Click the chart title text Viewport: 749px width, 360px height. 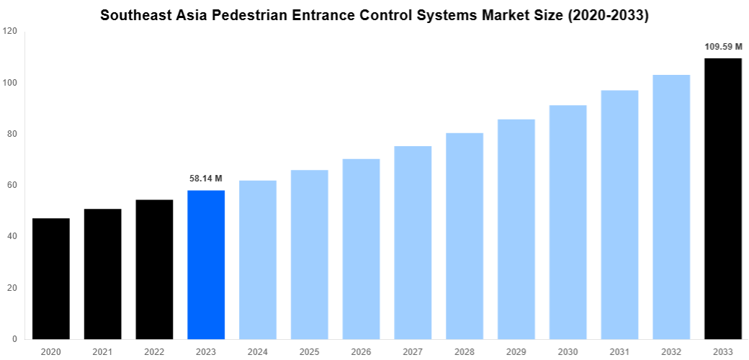coord(374,15)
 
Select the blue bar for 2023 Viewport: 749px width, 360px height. coord(206,264)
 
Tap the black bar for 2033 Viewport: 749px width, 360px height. coord(722,199)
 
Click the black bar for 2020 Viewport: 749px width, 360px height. coord(51,279)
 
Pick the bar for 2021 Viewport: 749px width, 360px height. coord(102,274)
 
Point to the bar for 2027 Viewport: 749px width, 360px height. coord(413,243)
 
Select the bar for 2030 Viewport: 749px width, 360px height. coord(568,222)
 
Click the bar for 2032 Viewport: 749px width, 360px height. coord(671,207)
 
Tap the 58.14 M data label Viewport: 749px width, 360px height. coord(206,178)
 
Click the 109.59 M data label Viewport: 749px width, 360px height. coord(723,47)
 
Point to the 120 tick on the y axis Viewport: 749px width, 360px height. coord(10,32)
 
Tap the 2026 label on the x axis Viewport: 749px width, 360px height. coord(361,351)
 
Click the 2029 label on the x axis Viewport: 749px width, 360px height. coord(516,351)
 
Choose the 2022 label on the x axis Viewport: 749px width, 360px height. coord(154,351)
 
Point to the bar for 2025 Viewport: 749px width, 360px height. coord(310,254)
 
